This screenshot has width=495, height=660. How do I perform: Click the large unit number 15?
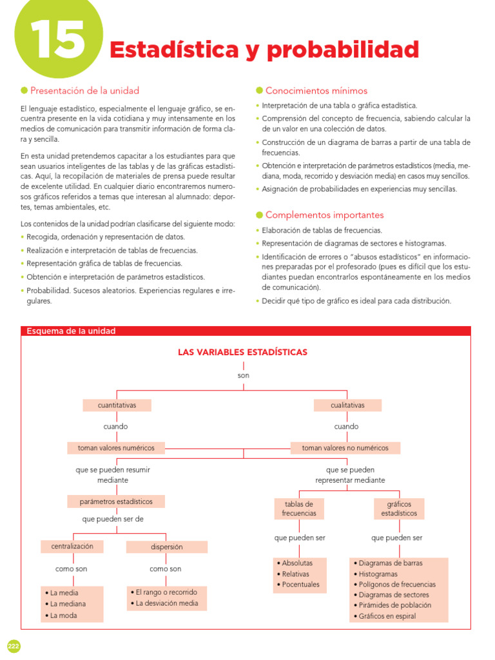pos(57,40)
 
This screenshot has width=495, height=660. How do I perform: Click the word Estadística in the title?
pos(166,49)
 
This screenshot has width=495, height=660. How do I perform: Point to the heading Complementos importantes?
pos(324,215)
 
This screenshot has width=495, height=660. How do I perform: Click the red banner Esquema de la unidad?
pos(71,331)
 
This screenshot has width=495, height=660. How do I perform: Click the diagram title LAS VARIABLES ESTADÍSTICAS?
pos(242,352)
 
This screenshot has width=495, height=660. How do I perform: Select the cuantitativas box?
pos(117,405)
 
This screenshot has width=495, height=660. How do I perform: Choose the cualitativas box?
pos(347,405)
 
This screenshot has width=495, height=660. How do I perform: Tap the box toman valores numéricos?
pos(116,447)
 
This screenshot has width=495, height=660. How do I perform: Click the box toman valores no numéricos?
pos(345,447)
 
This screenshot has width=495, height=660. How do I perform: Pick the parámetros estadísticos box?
pos(116,501)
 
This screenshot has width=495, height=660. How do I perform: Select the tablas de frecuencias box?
pos(299,509)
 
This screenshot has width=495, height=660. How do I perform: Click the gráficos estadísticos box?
pos(398,509)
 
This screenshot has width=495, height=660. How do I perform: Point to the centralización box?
pos(72,546)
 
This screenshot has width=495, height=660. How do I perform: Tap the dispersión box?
pos(166,547)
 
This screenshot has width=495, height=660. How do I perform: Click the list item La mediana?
pos(68,604)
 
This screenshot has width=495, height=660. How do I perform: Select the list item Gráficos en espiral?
pos(387,616)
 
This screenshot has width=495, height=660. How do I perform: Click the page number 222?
pos(14,646)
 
